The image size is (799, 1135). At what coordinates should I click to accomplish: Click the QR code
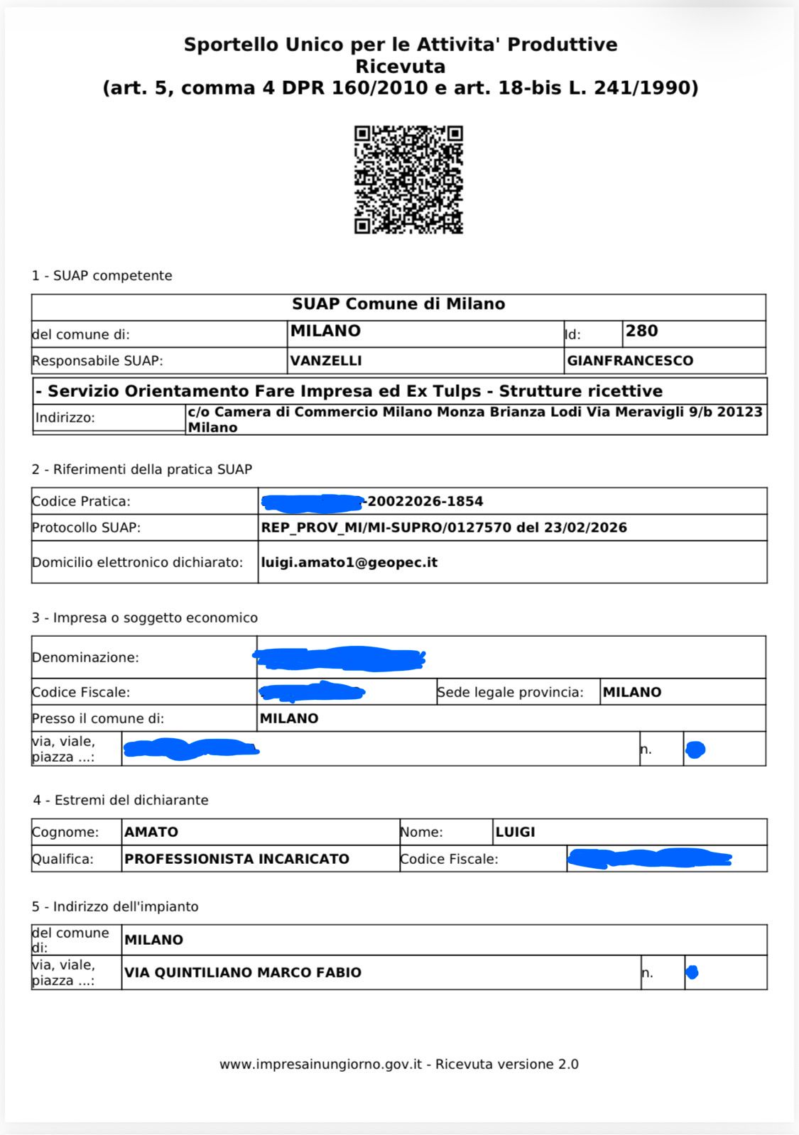click(408, 180)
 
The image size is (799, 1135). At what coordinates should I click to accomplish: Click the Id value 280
click(641, 331)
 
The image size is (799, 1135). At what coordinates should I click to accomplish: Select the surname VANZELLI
click(326, 361)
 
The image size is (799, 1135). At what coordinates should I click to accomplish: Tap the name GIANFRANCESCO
click(630, 361)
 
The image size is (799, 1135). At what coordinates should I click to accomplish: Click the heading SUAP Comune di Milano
click(398, 304)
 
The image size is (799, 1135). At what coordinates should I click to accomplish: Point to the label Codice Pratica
click(81, 501)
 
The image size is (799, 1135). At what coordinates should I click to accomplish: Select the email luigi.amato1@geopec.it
click(349, 562)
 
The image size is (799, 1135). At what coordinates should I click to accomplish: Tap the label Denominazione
click(85, 657)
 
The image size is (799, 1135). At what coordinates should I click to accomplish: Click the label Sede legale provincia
click(510, 692)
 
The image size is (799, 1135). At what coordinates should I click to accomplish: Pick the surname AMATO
click(151, 832)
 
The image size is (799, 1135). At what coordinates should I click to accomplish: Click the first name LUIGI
click(515, 832)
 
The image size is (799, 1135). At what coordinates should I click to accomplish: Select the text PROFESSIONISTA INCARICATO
click(237, 859)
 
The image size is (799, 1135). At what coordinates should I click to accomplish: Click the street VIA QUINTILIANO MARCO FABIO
click(243, 972)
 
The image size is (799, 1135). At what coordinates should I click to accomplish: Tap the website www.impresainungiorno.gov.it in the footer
click(320, 1064)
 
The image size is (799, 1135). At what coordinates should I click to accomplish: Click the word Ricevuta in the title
click(400, 67)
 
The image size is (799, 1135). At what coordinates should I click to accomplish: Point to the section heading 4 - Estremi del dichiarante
click(120, 800)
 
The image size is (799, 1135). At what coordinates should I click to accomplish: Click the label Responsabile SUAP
click(97, 361)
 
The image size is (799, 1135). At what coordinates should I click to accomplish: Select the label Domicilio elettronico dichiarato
click(137, 562)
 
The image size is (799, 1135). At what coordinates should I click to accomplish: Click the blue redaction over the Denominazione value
click(340, 659)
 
